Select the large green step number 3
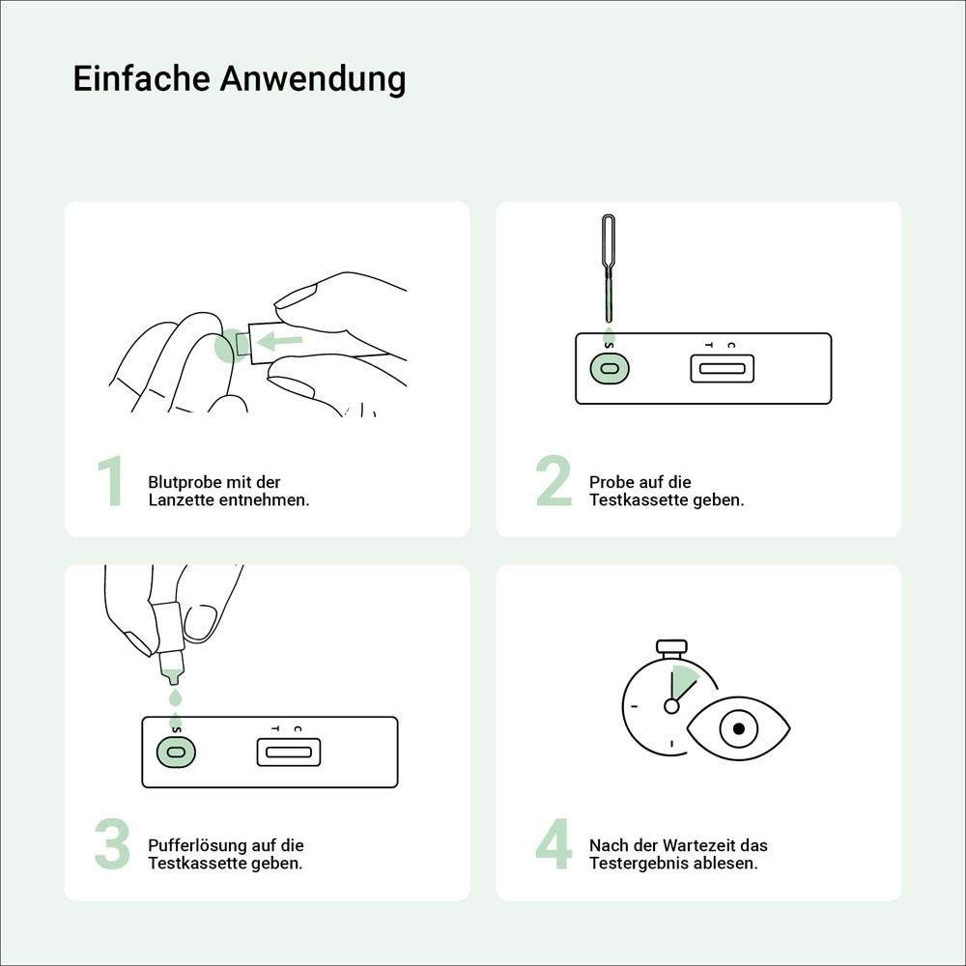112,845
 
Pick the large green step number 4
554,845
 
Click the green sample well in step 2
609,368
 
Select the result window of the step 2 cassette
722,368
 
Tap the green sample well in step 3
175,752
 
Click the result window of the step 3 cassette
288,752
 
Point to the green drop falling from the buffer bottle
175,696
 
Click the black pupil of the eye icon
739,728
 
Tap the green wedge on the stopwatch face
683,682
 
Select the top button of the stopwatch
671,645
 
